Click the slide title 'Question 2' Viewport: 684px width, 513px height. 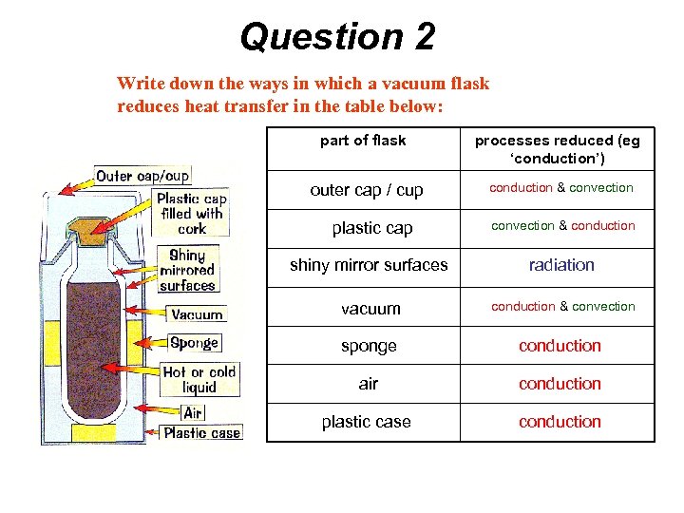[x=337, y=37]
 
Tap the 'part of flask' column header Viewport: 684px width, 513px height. [x=363, y=141]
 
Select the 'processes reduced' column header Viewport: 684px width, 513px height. [x=558, y=148]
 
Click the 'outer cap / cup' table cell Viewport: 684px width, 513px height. [x=367, y=190]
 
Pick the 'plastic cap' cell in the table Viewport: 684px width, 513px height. [x=366, y=228]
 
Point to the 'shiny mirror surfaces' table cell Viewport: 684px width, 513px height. [x=368, y=265]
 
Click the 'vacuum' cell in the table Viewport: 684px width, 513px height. [x=370, y=308]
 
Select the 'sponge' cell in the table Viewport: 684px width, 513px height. [x=369, y=346]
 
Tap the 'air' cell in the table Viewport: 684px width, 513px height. [x=369, y=384]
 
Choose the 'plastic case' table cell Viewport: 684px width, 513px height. [x=367, y=422]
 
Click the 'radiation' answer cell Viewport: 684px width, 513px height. [x=561, y=265]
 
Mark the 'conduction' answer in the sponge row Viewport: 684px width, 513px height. [x=560, y=346]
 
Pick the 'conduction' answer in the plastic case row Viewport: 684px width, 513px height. [x=560, y=422]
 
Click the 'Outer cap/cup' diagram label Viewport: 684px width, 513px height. [x=142, y=176]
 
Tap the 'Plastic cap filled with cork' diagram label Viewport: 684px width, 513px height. [x=192, y=214]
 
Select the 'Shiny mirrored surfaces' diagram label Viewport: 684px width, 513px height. [x=187, y=270]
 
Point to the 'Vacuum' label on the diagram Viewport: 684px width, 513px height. [x=197, y=314]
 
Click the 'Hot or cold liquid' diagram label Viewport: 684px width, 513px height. [x=199, y=380]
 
